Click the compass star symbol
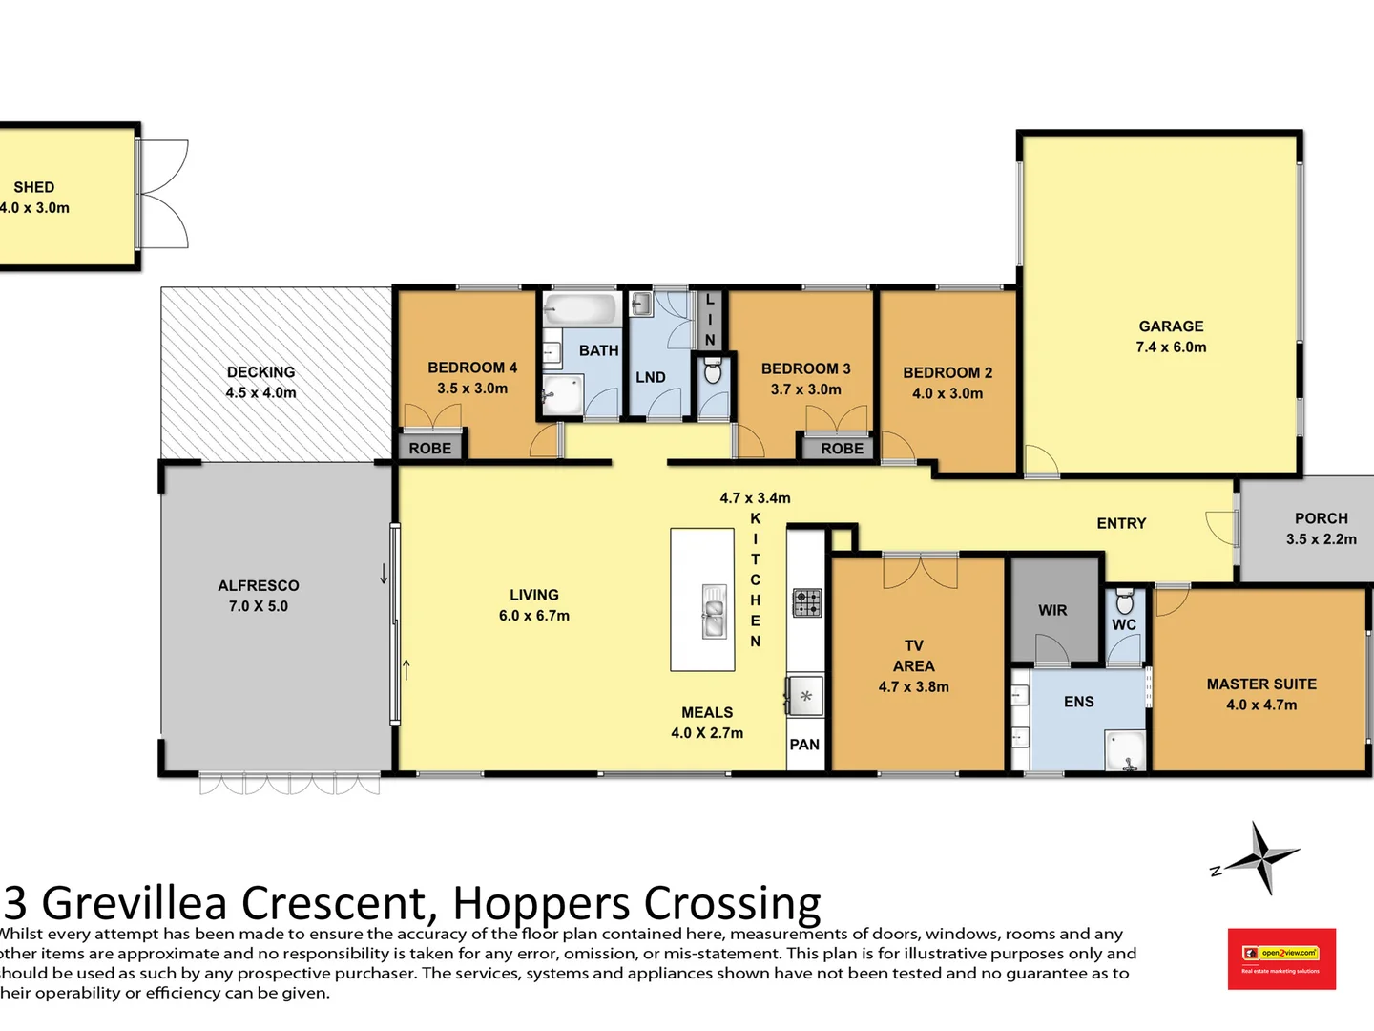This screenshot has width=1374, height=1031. [1262, 857]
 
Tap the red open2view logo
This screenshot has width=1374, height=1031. [1280, 958]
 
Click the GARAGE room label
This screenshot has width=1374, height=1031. [1171, 326]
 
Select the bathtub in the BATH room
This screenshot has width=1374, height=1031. [580, 309]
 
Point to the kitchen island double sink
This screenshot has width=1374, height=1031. [713, 611]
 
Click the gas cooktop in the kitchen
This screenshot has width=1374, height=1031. [806, 602]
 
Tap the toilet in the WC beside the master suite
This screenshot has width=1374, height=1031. [1124, 601]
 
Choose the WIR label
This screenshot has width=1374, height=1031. [1052, 610]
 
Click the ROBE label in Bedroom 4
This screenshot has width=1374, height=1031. [429, 448]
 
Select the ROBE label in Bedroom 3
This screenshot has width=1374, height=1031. [842, 448]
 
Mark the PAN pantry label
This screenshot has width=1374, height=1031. [804, 745]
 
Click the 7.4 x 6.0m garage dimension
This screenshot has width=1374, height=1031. [1171, 347]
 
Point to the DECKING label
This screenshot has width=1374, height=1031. [260, 372]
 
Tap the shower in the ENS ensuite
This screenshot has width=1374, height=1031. [1125, 750]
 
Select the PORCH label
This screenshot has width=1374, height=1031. [1321, 518]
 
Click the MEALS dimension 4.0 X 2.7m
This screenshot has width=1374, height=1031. [706, 733]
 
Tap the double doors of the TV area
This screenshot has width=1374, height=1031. [920, 570]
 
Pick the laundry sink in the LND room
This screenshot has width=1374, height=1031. [641, 305]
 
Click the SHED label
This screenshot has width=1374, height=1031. [34, 187]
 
